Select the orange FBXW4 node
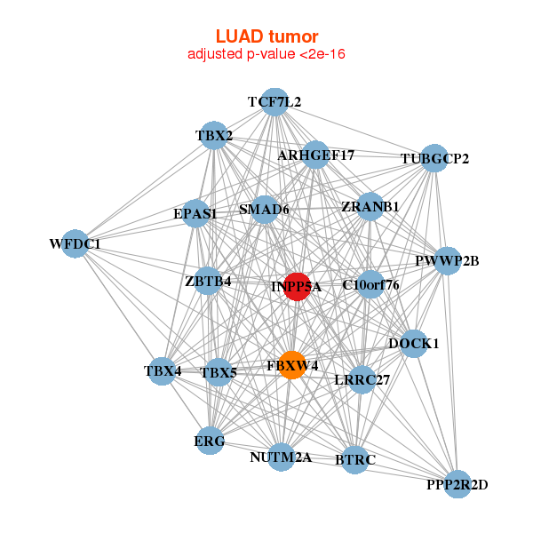click(292, 365)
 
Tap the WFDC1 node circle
click(75, 243)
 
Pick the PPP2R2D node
click(457, 484)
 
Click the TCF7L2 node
click(274, 102)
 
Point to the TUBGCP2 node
click(434, 159)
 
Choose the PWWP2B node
click(447, 261)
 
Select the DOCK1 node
click(413, 343)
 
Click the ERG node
click(210, 441)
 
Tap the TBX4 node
click(162, 370)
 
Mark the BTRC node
click(355, 459)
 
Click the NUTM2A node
click(281, 457)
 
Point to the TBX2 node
click(214, 136)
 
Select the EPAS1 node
click(195, 214)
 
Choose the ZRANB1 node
click(370, 207)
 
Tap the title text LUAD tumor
click(266, 36)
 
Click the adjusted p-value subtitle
click(266, 55)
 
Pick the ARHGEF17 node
click(315, 155)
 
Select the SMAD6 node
click(265, 211)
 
